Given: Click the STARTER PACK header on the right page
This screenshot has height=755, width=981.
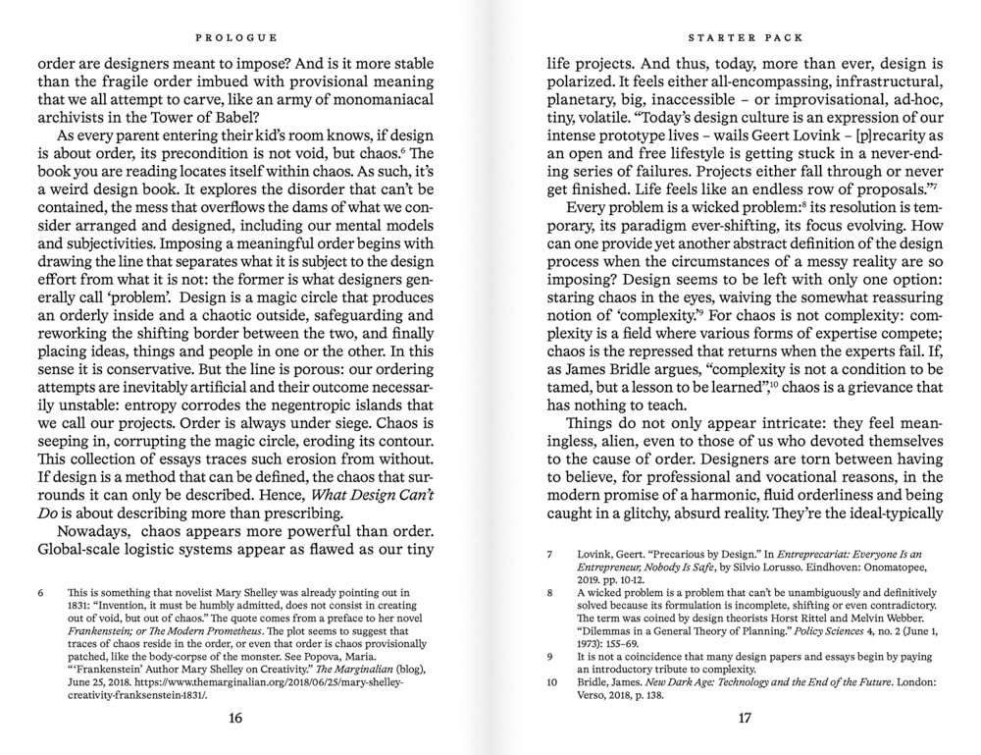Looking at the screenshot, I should (x=745, y=37).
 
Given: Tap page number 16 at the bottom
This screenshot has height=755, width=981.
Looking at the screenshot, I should (x=235, y=718).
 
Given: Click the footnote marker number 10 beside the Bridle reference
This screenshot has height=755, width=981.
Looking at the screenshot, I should (x=551, y=680).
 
